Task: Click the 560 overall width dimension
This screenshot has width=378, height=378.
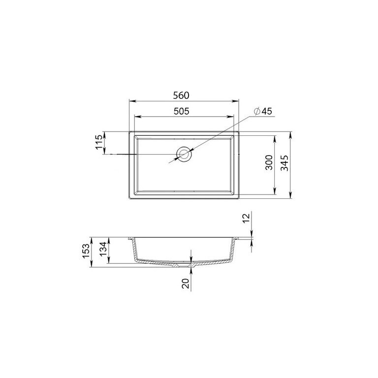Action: point(181,95)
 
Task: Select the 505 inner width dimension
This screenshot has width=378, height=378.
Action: point(181,111)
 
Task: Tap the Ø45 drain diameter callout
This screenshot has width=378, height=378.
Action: point(263,111)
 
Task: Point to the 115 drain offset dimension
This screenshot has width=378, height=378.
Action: point(99,142)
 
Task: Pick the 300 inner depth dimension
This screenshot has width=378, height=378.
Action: point(269,162)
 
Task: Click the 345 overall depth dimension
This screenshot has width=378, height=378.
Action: point(284,163)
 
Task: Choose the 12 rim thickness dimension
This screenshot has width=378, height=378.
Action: point(246,219)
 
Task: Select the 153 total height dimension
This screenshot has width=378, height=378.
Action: point(86,251)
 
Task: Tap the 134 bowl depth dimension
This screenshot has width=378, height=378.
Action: point(103,250)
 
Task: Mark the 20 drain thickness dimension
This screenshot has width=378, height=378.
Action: point(186,283)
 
